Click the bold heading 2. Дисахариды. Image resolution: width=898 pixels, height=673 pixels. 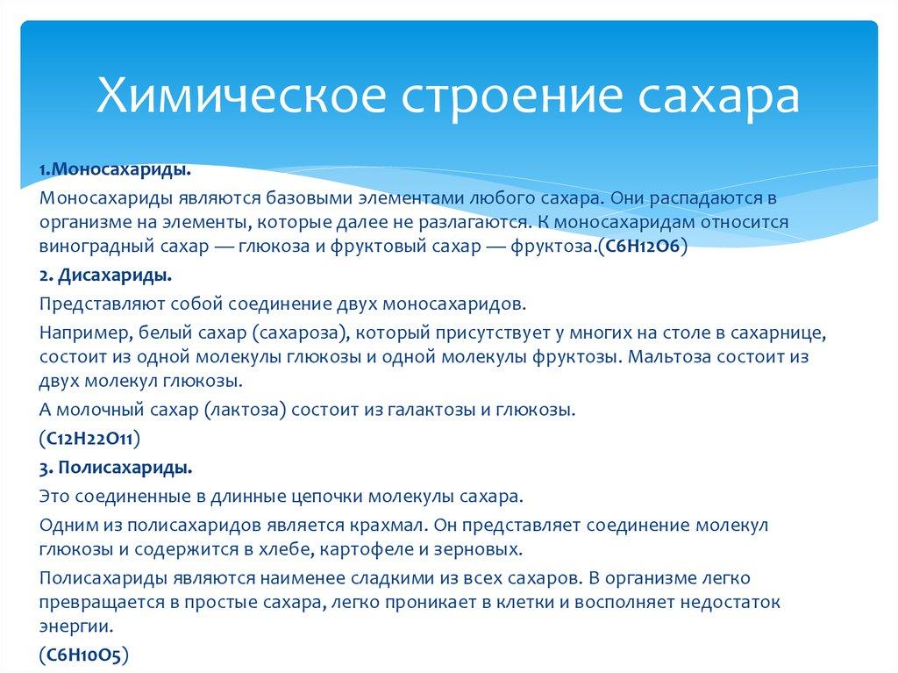pyautogui.click(x=105, y=276)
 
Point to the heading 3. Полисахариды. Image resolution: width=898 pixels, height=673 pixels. pyautogui.click(x=116, y=467)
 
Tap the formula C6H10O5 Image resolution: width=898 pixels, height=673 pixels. pyautogui.click(x=84, y=655)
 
